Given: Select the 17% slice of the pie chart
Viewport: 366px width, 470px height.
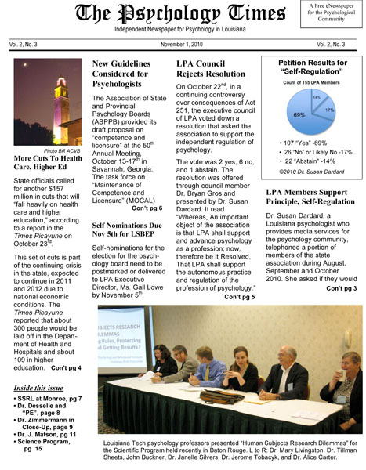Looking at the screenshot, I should click(x=328, y=110).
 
